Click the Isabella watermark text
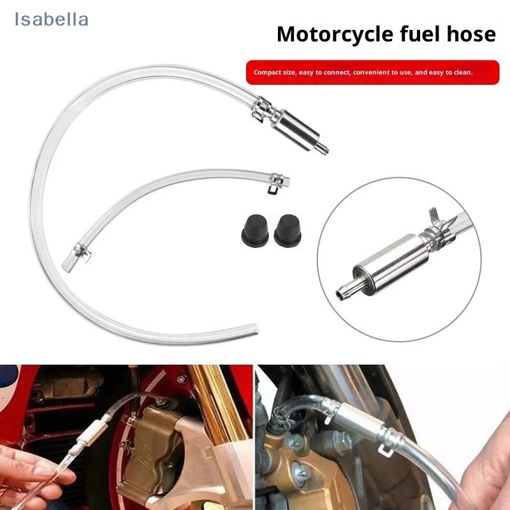click(52, 20)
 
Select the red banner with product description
click(372, 72)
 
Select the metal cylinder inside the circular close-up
click(382, 263)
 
